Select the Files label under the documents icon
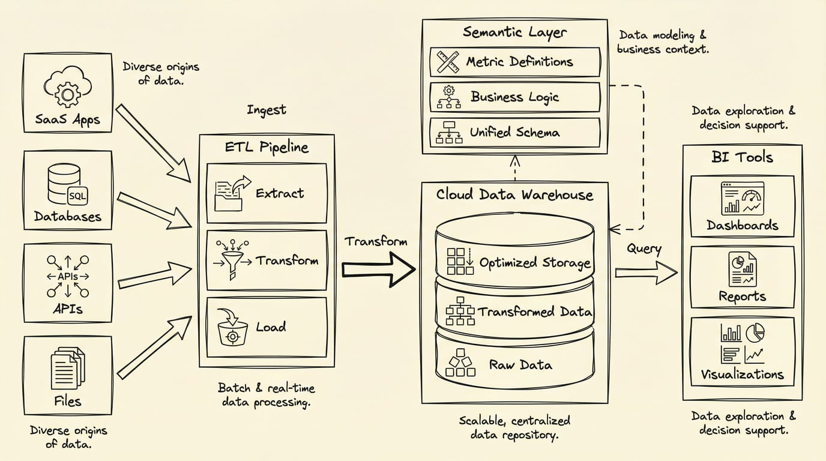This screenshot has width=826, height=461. [67, 401]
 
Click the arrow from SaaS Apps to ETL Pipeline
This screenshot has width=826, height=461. [152, 143]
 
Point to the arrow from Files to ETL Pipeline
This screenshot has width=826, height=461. [153, 348]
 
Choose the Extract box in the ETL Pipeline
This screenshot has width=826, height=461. [267, 193]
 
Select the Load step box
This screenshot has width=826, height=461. [267, 328]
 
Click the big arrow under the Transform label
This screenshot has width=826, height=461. [378, 268]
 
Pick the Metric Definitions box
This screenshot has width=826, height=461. [515, 62]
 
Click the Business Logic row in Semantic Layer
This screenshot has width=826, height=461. [515, 97]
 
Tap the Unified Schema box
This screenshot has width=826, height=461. [515, 133]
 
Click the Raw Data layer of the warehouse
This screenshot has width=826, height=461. [515, 364]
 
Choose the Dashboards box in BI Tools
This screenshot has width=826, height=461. [742, 205]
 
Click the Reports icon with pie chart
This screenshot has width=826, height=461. [742, 269]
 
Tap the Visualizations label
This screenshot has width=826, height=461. [742, 375]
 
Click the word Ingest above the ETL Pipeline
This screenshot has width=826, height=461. [266, 110]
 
